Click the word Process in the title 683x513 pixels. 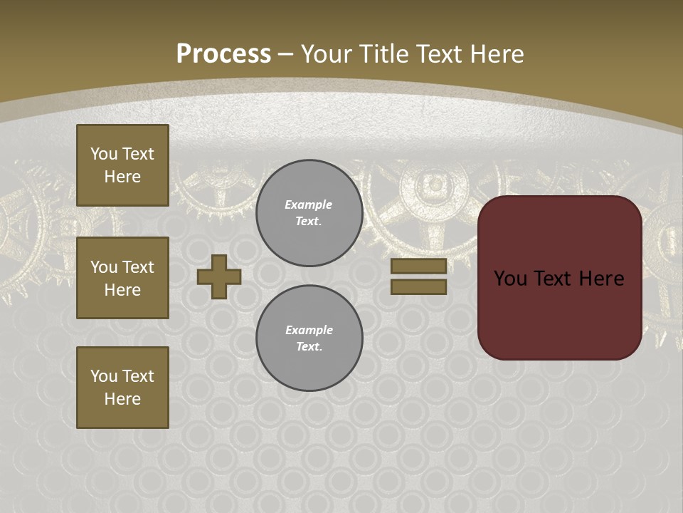pos(223,54)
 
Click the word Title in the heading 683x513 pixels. pos(381,54)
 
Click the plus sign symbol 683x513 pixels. pos(219,276)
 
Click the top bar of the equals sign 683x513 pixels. pos(418,266)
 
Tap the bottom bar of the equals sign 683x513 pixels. pos(418,286)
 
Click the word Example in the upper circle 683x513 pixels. pos(309,204)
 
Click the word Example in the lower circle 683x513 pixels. pos(309,330)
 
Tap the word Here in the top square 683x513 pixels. pos(122,177)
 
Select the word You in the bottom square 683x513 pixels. pos(104,376)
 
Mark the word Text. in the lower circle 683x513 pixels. pos(309,347)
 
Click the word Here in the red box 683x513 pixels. pos(601,279)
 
